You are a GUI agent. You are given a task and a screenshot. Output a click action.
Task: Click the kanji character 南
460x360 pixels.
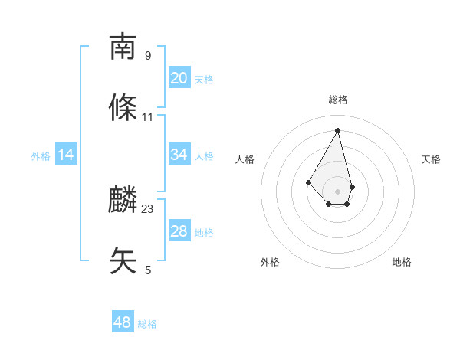point(123,47)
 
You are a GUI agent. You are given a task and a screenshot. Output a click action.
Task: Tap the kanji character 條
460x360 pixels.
point(123,108)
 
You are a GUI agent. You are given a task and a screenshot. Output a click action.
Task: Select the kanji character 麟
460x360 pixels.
point(123,200)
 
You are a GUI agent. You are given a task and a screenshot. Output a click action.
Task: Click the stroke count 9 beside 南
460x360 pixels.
point(148,55)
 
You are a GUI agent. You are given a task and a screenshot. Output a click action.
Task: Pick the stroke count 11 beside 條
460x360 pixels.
point(148,117)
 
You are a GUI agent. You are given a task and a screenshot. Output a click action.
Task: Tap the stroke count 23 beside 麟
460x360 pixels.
point(148,208)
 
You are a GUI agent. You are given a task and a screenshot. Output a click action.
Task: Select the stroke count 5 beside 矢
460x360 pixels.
point(148,270)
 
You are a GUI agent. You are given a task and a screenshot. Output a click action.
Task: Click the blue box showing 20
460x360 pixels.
point(179,78)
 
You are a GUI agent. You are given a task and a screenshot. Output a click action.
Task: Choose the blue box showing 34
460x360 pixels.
point(179,155)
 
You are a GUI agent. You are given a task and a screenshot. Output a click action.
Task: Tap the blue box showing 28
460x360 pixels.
point(179,231)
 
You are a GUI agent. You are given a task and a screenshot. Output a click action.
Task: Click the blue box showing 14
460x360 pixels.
point(66,155)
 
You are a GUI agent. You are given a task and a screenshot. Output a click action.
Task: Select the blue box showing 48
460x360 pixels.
point(123,322)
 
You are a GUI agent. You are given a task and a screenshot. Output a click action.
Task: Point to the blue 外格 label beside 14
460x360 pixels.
point(41,156)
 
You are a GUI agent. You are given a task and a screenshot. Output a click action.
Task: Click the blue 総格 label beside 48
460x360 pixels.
point(147,324)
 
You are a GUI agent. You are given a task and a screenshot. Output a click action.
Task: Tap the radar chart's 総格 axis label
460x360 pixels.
point(337,100)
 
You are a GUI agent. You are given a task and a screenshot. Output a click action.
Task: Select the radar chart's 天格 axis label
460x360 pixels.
point(431,159)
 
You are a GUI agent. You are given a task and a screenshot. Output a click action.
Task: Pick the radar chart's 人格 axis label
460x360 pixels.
point(245,159)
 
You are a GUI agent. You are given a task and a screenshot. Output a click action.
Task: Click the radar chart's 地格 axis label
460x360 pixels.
point(402,262)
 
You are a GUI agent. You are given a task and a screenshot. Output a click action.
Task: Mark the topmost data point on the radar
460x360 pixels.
point(337,129)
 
